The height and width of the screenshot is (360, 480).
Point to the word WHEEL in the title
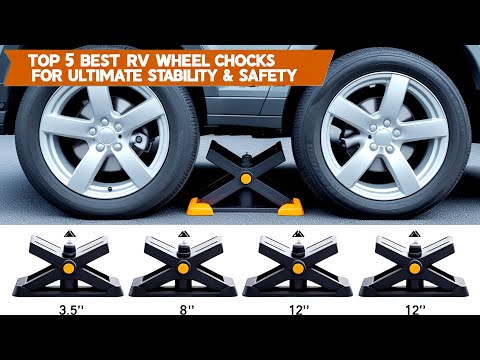point(213,56)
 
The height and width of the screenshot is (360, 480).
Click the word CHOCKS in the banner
point(273,56)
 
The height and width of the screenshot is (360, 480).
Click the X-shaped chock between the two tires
point(241,179)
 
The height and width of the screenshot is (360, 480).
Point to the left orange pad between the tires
point(198,207)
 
